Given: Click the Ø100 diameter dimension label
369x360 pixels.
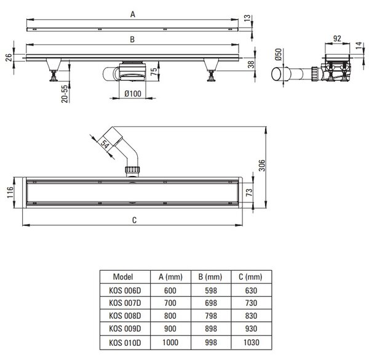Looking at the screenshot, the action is pyautogui.click(x=133, y=94).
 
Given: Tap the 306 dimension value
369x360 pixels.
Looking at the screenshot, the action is pyautogui.click(x=262, y=166).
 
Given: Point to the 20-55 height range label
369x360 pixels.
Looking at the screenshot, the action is pyautogui.click(x=65, y=94).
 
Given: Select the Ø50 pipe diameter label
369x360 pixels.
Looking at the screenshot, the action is pyautogui.click(x=279, y=54).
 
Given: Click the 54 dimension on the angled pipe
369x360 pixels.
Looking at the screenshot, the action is pyautogui.click(x=105, y=144).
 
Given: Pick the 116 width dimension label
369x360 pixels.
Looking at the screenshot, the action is pyautogui.click(x=10, y=192).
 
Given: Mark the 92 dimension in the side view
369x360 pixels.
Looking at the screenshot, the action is pyautogui.click(x=337, y=38).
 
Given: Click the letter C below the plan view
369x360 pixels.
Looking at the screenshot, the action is pyautogui.click(x=134, y=220).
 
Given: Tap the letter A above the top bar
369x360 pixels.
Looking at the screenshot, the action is pyautogui.click(x=133, y=14).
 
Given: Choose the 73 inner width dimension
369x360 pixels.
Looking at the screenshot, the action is pyautogui.click(x=249, y=192).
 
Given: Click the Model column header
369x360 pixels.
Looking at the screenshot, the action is pyautogui.click(x=123, y=277).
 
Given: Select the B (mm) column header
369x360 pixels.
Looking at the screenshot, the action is pyautogui.click(x=210, y=277).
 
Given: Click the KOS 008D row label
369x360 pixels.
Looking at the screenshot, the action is pyautogui.click(x=125, y=316).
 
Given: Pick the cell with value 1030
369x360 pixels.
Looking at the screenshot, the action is pyautogui.click(x=252, y=342).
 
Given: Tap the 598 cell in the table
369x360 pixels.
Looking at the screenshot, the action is pyautogui.click(x=210, y=290).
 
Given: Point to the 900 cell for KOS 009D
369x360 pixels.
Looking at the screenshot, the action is pyautogui.click(x=170, y=329).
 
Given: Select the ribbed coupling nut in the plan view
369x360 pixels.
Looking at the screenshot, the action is pyautogui.click(x=133, y=169).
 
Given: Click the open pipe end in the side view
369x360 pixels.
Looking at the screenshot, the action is pyautogui.click(x=276, y=74).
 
